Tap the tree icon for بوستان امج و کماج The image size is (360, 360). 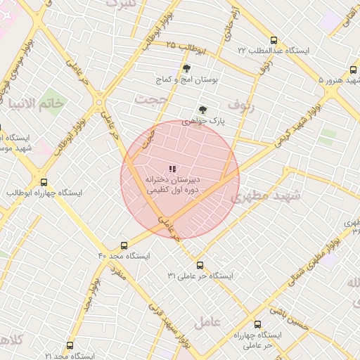pos(186,69)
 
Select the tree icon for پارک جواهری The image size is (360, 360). pos(202,110)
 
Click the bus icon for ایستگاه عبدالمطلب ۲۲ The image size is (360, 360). pos(274,40)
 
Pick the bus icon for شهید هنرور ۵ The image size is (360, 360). pos(353,70)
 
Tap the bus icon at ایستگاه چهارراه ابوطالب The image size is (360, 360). pos(44,181)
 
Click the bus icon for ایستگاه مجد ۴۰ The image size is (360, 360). pos(124,245)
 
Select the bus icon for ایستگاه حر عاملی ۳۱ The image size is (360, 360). pos(200,265)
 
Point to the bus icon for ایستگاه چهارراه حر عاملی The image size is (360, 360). pos(257,324)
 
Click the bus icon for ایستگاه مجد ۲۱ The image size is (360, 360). pos(69,345)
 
